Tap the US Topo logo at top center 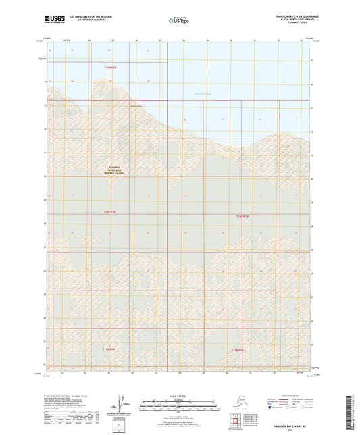[x=174, y=22]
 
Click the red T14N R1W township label [x=243, y=215]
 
